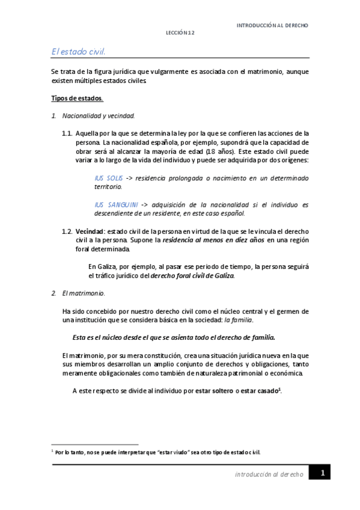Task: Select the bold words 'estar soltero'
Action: (215, 390)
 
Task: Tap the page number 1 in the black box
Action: (322, 473)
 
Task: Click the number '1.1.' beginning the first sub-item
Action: (67, 133)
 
